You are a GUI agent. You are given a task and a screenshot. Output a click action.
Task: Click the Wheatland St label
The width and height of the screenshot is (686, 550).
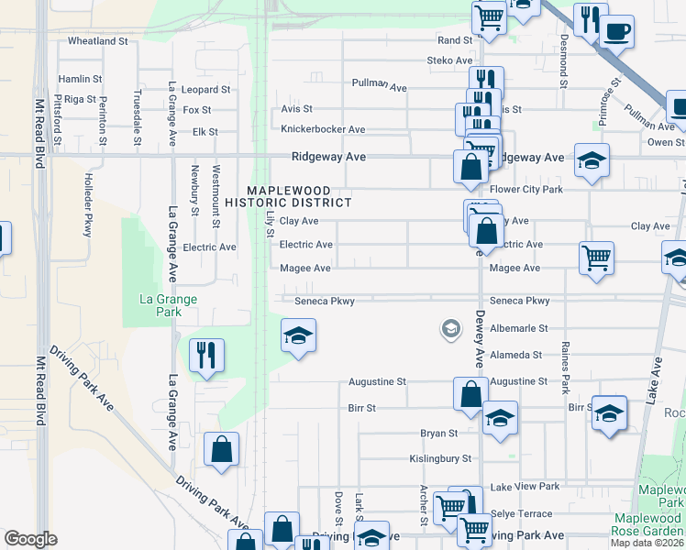click(98, 41)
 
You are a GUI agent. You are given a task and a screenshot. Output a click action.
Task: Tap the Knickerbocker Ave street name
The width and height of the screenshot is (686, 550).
click(323, 129)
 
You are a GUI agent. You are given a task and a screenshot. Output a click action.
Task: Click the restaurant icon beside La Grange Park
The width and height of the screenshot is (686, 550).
click(206, 355)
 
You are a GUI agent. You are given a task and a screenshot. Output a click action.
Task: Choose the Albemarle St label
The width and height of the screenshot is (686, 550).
click(518, 328)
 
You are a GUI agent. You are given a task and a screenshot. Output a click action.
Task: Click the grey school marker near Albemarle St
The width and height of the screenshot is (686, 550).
click(450, 328)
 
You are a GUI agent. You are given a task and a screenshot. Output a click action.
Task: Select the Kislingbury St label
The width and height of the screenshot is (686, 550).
click(439, 458)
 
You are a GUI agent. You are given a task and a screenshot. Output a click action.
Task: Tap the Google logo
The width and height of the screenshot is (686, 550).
click(31, 539)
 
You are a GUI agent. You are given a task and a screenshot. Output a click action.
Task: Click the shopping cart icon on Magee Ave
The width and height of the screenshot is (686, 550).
click(596, 258)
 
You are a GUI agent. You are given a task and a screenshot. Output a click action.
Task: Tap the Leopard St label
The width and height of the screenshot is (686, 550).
click(206, 90)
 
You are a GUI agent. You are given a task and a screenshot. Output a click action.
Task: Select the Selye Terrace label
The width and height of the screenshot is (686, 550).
click(520, 516)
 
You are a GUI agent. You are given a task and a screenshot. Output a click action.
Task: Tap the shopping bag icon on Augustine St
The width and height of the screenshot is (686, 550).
click(470, 393)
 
